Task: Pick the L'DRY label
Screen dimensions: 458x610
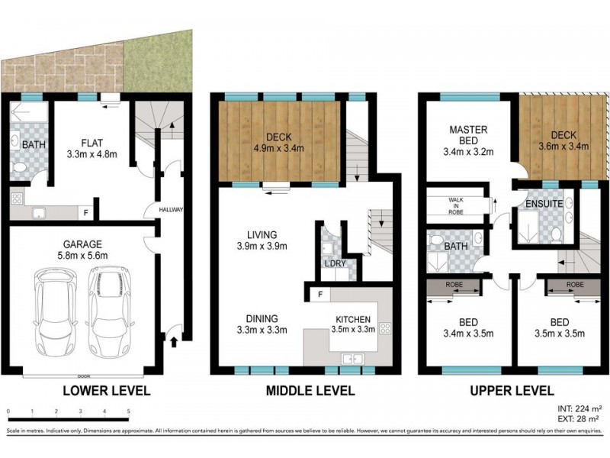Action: (x=335, y=264)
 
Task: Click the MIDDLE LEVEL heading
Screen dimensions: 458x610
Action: (x=310, y=391)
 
